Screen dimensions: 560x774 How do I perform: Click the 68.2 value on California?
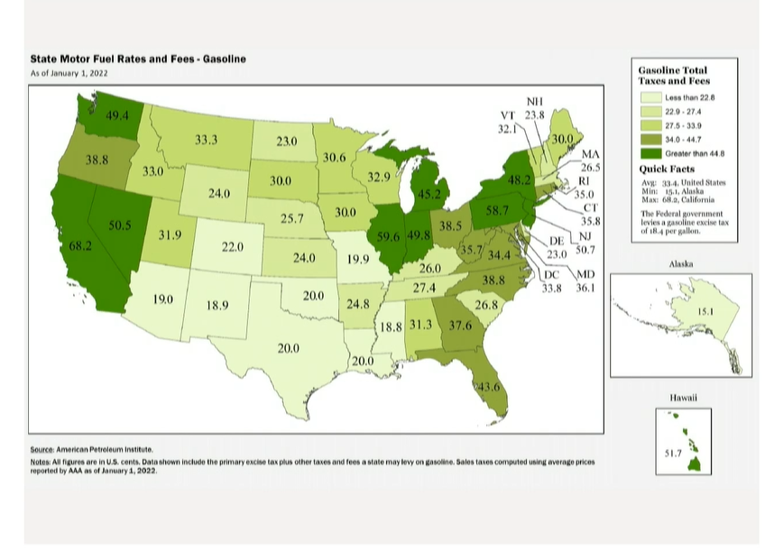pyautogui.click(x=80, y=246)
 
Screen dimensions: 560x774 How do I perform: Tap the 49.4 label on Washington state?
pyautogui.click(x=117, y=116)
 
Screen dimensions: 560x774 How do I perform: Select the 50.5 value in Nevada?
pyautogui.click(x=120, y=225)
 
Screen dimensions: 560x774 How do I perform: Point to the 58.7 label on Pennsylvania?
pyautogui.click(x=497, y=210)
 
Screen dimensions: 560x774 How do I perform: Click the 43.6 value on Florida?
pyautogui.click(x=488, y=387)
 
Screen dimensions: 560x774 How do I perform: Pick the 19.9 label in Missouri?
pyautogui.click(x=358, y=260)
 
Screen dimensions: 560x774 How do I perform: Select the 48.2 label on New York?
pyautogui.click(x=521, y=180)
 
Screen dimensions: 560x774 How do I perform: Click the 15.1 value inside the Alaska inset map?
pyautogui.click(x=705, y=312)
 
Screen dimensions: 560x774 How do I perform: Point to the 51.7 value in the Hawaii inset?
pyautogui.click(x=673, y=454)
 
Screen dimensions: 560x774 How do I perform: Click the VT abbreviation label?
pyautogui.click(x=508, y=116)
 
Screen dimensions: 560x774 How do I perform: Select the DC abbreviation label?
pyautogui.click(x=552, y=275)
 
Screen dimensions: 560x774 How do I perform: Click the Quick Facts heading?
pyautogui.click(x=667, y=170)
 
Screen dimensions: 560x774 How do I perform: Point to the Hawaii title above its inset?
pyautogui.click(x=683, y=398)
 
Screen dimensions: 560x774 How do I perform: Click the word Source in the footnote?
pyautogui.click(x=41, y=449)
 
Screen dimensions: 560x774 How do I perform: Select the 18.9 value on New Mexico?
pyautogui.click(x=217, y=306)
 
